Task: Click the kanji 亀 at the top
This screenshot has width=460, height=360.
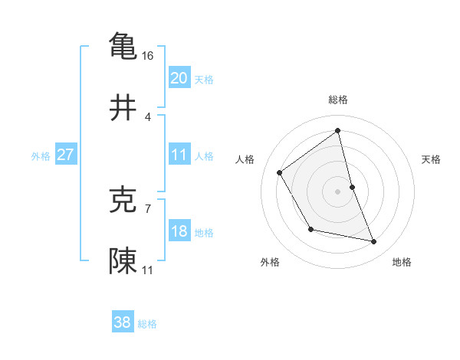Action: point(123,45)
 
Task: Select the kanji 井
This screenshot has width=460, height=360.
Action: point(123,109)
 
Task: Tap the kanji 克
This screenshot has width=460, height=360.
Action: point(123,200)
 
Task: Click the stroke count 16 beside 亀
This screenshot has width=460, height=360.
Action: point(148,56)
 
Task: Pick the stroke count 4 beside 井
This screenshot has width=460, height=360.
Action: point(148,117)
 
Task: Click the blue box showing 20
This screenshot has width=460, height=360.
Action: point(179,78)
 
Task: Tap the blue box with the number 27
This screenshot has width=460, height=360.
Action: point(65,155)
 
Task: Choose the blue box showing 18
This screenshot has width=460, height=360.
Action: point(179,231)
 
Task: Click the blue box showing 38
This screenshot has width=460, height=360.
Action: point(123,322)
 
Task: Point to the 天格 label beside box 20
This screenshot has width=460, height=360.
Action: point(204,80)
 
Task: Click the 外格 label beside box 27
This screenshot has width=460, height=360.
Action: point(41,156)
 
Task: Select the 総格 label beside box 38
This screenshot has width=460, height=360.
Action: point(147,324)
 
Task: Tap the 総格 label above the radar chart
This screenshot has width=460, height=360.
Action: point(338,100)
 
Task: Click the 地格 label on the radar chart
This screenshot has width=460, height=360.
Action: point(402,262)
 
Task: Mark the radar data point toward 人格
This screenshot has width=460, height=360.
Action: point(280,172)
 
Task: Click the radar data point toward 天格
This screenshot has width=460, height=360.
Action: point(352,186)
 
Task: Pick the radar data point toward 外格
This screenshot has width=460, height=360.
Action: point(310,229)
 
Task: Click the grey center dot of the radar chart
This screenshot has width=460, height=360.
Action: point(338,191)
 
